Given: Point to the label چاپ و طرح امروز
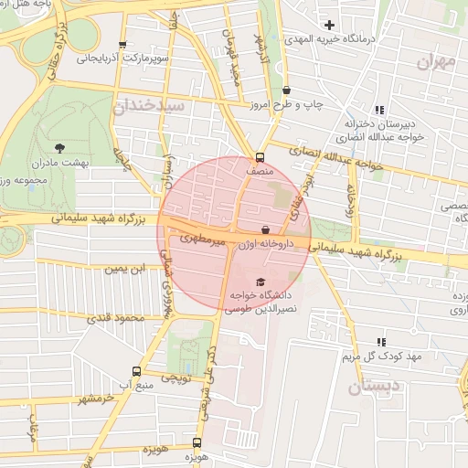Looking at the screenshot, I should click(288, 105).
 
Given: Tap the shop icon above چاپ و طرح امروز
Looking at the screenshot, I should click(288, 90).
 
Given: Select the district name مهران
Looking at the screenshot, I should click(434, 61).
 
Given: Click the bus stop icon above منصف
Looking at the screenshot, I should click(261, 155).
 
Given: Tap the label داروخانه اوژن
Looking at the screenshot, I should click(265, 244).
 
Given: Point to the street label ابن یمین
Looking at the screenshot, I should click(123, 270).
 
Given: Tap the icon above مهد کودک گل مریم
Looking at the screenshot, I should click(380, 342).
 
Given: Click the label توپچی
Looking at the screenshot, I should click(175, 377).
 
